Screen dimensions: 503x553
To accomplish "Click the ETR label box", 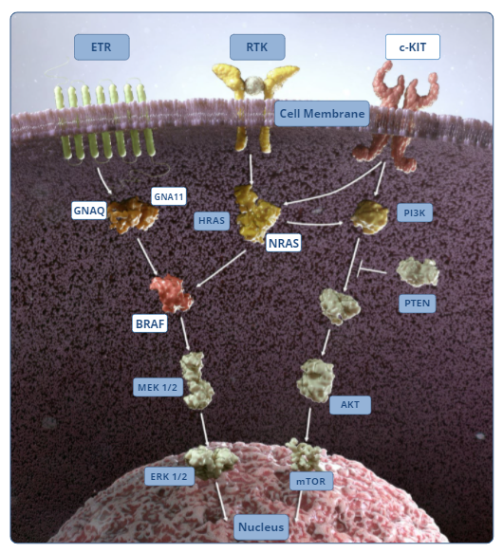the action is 102,46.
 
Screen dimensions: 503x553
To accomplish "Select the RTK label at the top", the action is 257,46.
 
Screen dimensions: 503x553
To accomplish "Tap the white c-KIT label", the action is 413,46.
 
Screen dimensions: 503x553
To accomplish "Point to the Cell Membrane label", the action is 322,114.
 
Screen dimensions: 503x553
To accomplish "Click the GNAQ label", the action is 89,211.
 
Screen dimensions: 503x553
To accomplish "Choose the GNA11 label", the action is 169,196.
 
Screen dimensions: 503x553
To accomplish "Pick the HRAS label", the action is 212,221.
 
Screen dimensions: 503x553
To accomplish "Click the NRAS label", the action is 284,243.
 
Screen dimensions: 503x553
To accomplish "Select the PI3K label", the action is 415,212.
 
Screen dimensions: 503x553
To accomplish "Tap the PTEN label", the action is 418,304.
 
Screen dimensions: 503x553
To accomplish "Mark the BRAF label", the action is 150,323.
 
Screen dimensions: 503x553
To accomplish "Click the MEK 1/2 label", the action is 158,387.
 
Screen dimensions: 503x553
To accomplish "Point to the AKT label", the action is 350,404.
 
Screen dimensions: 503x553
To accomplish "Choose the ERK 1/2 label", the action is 169,476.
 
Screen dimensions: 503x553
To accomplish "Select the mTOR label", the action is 311,481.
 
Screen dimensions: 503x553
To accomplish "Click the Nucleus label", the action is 261,526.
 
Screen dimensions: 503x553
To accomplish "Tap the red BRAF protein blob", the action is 172,293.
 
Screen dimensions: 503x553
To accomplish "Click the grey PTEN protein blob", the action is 418,271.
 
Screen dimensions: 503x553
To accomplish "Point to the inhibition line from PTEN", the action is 372,270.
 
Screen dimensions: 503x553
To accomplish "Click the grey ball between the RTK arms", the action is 255,84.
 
